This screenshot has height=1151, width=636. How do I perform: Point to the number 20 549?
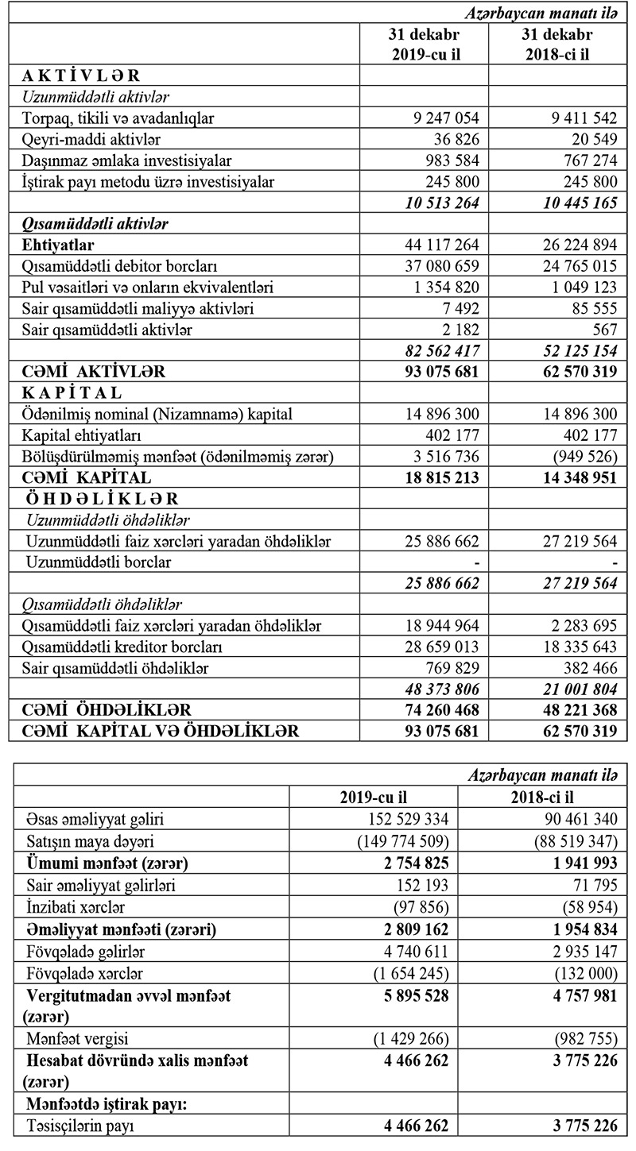click(x=588, y=139)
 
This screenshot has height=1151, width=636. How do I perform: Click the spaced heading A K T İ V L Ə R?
click(x=80, y=76)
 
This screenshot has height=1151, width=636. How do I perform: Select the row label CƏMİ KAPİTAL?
click(x=86, y=478)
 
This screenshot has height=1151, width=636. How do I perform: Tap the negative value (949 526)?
click(x=583, y=457)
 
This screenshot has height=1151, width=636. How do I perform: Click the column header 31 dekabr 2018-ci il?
click(x=556, y=45)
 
